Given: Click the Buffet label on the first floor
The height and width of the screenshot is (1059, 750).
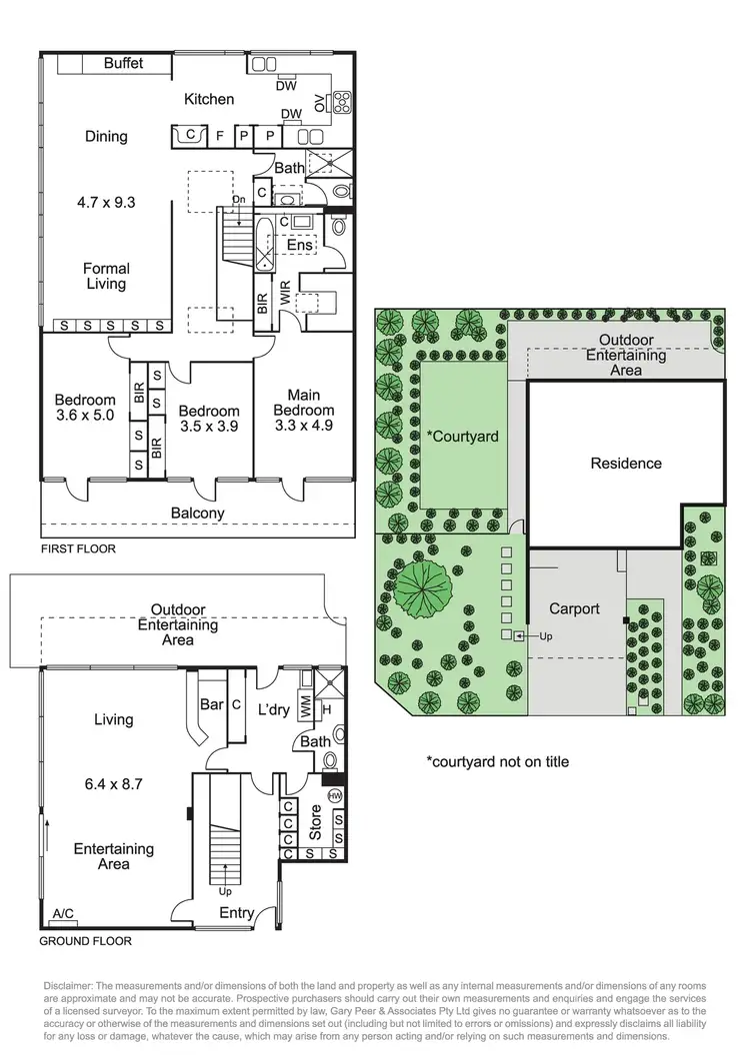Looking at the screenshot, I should (124, 63).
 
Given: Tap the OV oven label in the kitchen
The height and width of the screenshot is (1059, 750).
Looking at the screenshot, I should (320, 102).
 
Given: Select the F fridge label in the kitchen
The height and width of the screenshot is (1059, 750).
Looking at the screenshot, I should (219, 135).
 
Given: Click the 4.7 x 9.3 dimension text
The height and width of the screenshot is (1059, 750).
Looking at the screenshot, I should (106, 202).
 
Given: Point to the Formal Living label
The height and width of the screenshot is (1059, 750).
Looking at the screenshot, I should (106, 276).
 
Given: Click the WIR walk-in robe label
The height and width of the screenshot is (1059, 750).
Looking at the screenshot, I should (285, 294).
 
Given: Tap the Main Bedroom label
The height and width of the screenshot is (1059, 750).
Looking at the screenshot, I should (304, 403).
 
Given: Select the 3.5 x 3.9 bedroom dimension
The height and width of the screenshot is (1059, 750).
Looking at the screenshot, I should (209, 426).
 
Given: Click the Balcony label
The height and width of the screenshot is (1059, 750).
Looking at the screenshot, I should (197, 514).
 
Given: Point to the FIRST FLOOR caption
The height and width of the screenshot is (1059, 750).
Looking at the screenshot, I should (78, 549).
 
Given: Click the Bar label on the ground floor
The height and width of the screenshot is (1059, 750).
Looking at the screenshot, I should (211, 704).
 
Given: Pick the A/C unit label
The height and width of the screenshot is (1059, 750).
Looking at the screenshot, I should (63, 913).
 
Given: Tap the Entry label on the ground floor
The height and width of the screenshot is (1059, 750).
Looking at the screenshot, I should (237, 912).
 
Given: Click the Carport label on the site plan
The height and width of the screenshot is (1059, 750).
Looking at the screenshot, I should (575, 608).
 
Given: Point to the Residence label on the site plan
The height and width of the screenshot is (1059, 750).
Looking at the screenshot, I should (626, 464).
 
